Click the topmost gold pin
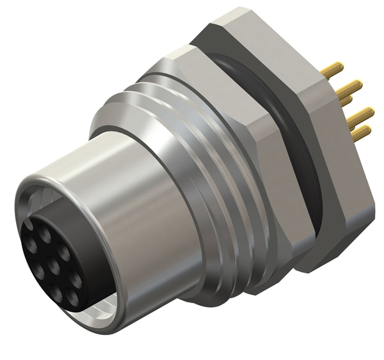tap(334, 70)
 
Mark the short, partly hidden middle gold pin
tap(346, 100)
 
